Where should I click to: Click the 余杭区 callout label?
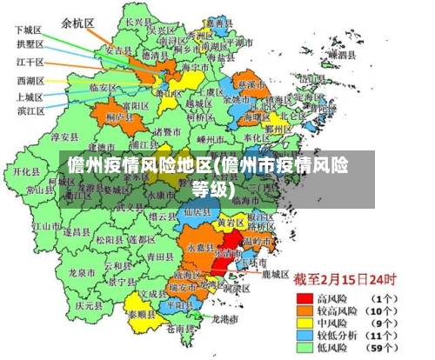(77, 24)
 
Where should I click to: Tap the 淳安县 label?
(65, 137)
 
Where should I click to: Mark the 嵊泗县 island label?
(338, 56)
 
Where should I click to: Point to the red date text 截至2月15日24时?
(345, 281)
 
